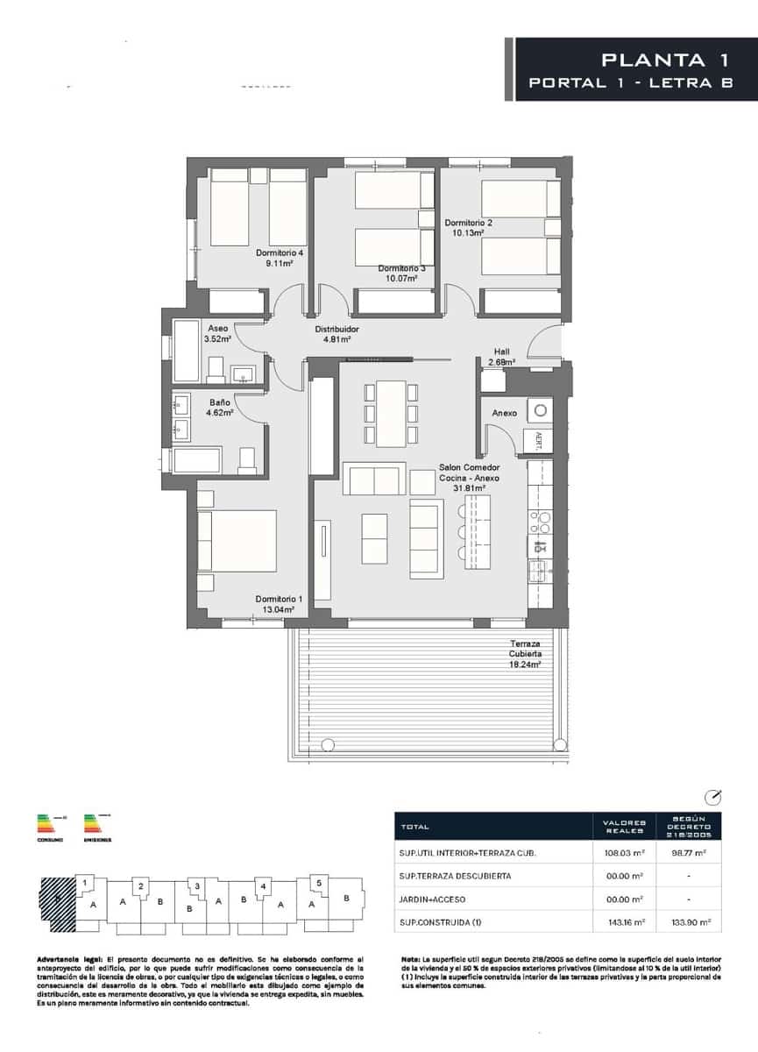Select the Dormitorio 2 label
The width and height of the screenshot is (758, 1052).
(x=468, y=228)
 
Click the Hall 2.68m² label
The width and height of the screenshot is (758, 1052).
(x=501, y=356)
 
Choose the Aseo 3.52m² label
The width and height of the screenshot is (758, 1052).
(x=218, y=333)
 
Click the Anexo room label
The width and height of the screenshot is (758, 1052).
(x=504, y=412)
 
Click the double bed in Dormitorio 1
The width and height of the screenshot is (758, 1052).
(x=237, y=541)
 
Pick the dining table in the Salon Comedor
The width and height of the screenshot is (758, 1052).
(x=391, y=412)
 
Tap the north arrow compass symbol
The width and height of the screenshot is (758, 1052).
(x=713, y=797)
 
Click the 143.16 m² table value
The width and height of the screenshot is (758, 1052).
(x=627, y=922)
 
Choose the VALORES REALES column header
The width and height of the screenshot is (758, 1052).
(x=627, y=826)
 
